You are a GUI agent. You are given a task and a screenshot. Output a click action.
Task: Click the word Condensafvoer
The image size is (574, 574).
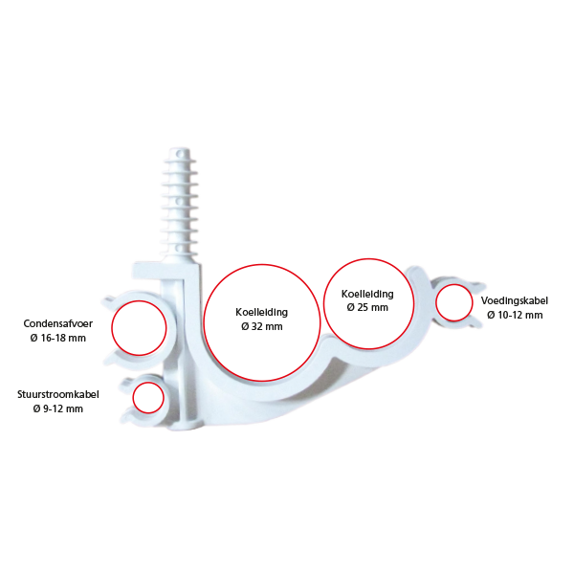[x=57, y=323]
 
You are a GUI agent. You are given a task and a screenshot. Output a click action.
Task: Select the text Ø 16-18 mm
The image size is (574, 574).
[x=57, y=338]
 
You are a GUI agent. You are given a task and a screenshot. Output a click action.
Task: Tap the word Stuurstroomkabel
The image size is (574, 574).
[x=57, y=394]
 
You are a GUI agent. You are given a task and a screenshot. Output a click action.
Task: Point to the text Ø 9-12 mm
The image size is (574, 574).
[x=57, y=408]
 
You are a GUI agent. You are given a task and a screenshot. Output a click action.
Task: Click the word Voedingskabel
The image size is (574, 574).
[x=515, y=301]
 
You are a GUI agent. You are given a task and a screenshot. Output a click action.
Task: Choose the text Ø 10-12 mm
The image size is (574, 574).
[x=515, y=315]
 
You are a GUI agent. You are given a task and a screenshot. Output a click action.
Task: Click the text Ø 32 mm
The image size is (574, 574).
[x=262, y=326]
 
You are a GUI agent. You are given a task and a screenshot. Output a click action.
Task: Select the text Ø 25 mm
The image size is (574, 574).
[x=367, y=307]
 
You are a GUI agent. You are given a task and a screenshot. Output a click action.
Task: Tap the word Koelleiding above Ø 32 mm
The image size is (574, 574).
[x=262, y=312]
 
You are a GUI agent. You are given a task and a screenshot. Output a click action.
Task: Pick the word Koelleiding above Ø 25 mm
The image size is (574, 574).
[x=367, y=294]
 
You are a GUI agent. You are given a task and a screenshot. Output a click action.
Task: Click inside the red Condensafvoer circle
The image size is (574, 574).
[x=139, y=327]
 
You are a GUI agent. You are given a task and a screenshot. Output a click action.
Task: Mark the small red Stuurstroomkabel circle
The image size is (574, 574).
[x=148, y=398]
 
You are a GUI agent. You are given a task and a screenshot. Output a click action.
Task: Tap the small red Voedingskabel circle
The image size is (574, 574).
[x=453, y=302]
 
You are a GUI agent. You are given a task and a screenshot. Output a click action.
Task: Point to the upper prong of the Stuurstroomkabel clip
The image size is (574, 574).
[x=126, y=383]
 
